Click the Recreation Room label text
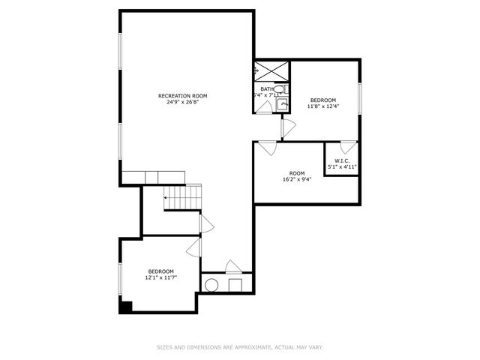click(182, 96)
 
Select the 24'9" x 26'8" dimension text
click(182, 103)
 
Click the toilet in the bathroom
click(279, 89)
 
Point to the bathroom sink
click(283, 104)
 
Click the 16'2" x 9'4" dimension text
click(297, 179)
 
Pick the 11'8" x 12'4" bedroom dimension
click(323, 106)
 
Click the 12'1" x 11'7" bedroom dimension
click(160, 278)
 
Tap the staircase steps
click(184, 198)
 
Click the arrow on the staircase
click(166, 198)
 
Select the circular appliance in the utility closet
click(212, 284)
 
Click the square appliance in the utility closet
click(235, 284)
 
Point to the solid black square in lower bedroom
click(125, 306)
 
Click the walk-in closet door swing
click(346, 148)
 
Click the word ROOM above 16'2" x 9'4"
click(297, 172)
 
